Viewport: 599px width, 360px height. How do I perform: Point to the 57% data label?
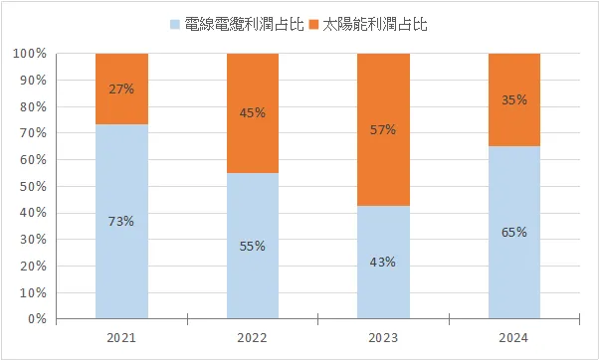383,129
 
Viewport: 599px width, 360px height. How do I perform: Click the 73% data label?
121,222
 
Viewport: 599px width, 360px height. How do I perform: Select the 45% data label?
253,113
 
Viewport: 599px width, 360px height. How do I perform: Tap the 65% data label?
514,233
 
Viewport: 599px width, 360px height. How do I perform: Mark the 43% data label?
383,263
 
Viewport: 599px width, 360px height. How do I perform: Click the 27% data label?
121,89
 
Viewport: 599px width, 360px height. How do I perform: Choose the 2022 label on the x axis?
253,338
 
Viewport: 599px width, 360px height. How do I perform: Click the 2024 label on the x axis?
514,338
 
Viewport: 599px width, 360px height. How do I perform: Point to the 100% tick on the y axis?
31,54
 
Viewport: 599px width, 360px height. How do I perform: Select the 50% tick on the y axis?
34,187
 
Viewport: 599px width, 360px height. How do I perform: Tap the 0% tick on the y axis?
37,319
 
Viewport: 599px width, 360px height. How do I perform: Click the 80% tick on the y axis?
34,106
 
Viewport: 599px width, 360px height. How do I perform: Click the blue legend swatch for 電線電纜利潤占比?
176,23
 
